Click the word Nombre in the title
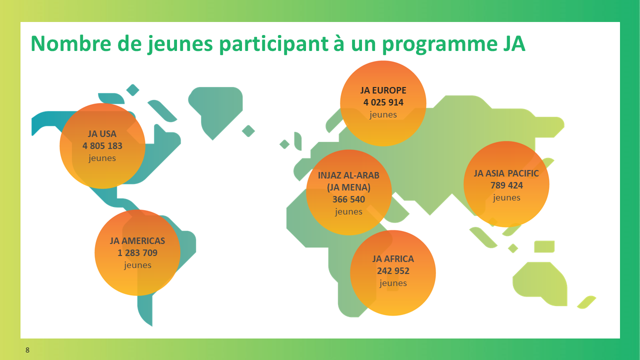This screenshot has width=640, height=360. coord(70,43)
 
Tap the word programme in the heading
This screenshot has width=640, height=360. coord(440,45)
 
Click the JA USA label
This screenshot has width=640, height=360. coord(102,133)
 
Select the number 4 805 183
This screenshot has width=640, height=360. coord(102,145)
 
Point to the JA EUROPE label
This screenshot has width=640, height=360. coord(383,90)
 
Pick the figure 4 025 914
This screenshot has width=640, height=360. coord(383,102)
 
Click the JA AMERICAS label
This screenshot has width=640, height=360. coord(137,241)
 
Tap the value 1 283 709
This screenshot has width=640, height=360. coord(137,253)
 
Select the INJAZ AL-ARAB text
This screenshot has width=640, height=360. coord(348,175)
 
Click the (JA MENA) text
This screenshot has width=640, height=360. coord(348,187)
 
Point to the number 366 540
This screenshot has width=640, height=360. coord(348,199)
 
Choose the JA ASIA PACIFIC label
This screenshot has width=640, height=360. coord(506,173)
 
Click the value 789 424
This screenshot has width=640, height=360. coord(506,185)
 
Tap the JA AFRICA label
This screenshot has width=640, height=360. coord(393,259)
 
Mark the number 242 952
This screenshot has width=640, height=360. coord(393,270)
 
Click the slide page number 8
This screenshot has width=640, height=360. coord(27,350)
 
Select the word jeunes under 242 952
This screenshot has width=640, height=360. coord(393,283)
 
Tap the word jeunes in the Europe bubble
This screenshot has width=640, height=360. coord(383,114)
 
